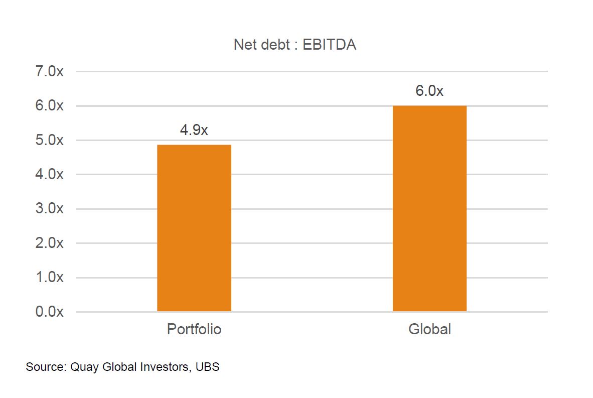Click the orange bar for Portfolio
click(194, 228)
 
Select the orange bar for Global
click(429, 208)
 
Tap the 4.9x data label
click(194, 130)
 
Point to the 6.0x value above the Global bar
click(429, 91)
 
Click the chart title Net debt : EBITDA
click(295, 45)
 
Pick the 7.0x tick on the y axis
click(49, 71)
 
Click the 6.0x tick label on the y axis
click(49, 106)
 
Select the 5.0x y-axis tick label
click(49, 140)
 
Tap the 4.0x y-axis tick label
click(49, 175)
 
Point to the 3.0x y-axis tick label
click(49, 209)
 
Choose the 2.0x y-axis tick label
click(49, 243)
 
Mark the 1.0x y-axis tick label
click(49, 278)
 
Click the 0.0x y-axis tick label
click(49, 312)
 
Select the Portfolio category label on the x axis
click(194, 330)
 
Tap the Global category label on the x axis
click(429, 330)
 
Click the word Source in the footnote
click(43, 367)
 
